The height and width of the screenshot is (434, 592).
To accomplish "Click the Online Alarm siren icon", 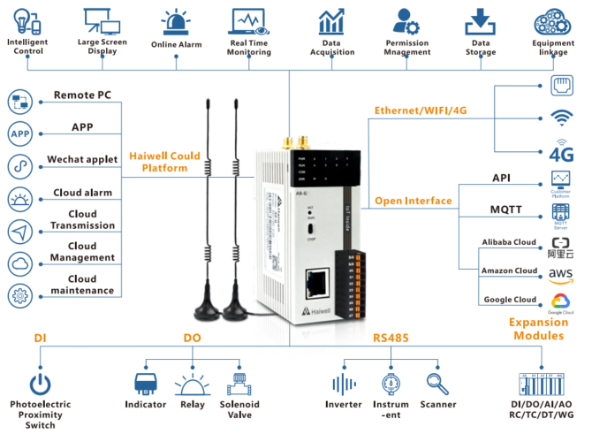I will coord(177,21).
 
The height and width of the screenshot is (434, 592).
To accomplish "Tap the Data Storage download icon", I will coord(480,20).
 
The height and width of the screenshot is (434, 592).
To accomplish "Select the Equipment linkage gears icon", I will coord(553,21).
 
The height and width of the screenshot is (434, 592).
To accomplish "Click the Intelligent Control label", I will coord(27,47).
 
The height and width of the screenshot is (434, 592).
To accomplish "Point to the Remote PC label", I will coord(82,95).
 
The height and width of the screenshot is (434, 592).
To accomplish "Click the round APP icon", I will coord(19,133).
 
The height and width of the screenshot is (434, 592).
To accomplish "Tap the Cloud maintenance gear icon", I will coord(19,293).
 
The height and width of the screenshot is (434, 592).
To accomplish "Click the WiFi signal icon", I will coord(560,118).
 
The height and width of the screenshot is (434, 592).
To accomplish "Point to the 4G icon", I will coord(561,152).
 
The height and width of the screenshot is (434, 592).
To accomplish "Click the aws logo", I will coord(561,275).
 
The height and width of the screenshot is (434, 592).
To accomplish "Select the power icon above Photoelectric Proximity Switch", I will coord(40,385).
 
